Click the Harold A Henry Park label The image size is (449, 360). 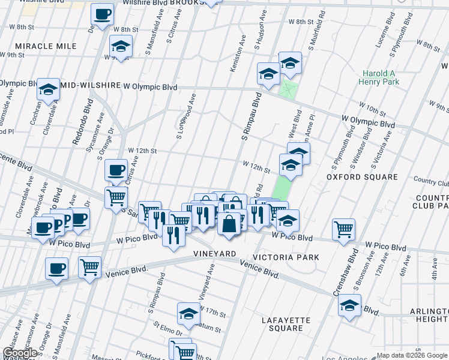tap(379, 78)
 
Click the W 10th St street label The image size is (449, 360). tap(375, 110)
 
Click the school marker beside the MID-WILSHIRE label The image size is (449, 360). tap(47, 90)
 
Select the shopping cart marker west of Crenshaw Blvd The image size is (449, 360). tap(343, 228)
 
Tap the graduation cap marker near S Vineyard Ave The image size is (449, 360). tap(188, 313)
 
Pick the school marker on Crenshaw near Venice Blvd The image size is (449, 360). tap(349, 305)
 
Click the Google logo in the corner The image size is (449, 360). tap(19, 353)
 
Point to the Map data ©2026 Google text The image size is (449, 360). tap(411, 355)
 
